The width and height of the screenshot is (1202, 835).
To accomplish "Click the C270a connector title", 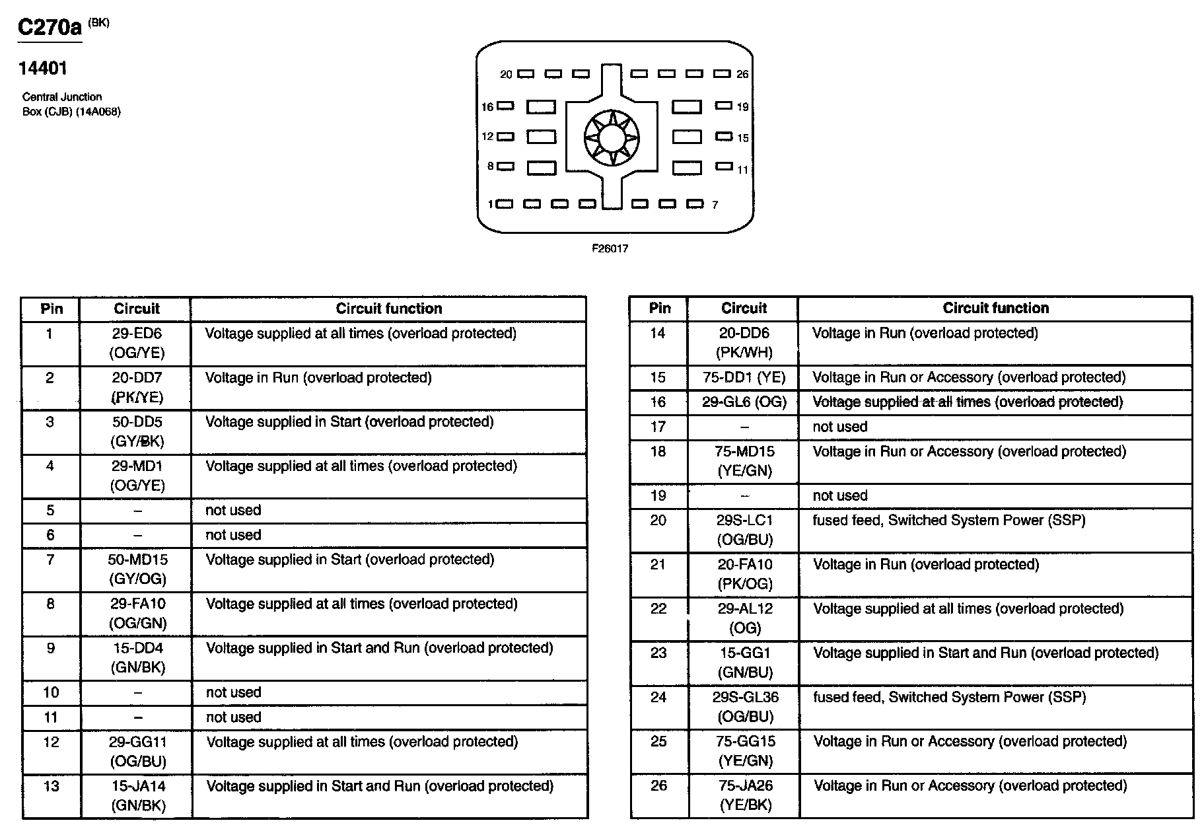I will pos(50,28).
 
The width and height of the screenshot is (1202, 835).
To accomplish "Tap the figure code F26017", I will pos(610,248).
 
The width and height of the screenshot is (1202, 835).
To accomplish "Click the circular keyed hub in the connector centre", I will pos(612,138).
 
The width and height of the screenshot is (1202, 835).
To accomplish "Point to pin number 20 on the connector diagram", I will pos(506,75).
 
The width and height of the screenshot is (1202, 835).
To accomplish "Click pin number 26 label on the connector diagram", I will pos(742,75).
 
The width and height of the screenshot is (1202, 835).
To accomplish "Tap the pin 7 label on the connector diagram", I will pos(715,205).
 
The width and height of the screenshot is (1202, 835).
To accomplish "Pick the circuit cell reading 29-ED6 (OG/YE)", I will pos(137,343).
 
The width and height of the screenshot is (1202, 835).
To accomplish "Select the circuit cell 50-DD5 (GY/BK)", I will pos(137,431).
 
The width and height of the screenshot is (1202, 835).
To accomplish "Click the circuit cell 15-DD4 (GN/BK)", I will pos(137,657).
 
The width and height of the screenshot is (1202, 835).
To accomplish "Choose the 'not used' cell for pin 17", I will pos(839,427).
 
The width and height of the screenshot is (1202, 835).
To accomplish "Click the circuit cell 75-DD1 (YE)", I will pos(744,377).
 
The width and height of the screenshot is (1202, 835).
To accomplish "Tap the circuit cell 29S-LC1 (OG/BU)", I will pos(744,530).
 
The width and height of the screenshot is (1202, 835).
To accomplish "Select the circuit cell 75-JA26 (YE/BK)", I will pos(745,795).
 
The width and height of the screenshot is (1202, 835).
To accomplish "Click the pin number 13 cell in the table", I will pos(51,786).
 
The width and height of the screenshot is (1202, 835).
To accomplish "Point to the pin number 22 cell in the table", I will pos(658,608).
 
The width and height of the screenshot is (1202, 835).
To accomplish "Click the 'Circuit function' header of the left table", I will pos(388,309).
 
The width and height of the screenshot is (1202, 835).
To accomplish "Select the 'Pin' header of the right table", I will pos(659,308).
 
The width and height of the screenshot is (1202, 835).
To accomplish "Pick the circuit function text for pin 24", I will pos(949,697).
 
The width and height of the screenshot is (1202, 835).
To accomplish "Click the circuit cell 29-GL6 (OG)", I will pos(744,402).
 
